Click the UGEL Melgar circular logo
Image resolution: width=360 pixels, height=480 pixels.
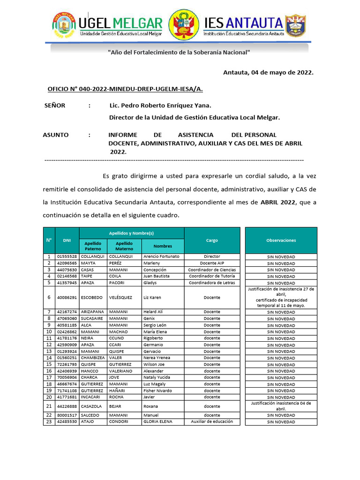pos(64,25)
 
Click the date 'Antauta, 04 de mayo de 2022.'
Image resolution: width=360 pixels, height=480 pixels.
pos(268,72)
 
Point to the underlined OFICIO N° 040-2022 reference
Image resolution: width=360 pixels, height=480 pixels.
pos(125,89)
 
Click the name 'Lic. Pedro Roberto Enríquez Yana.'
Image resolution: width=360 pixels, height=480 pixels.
pos(160,105)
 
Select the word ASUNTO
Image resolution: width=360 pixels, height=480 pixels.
pos(56,135)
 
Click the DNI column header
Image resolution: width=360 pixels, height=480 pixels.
pos(67,240)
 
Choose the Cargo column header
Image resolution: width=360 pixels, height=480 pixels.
pos(212,240)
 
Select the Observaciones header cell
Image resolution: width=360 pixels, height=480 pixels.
pos(281,240)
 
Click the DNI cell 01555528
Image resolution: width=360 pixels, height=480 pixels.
pos(67,257)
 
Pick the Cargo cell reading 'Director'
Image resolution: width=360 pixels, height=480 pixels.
pos(212,257)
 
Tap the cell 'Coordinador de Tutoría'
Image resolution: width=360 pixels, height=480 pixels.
pos(212,277)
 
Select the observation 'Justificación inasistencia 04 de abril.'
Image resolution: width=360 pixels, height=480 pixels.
pos(281,406)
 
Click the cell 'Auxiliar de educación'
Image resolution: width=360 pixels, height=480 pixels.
pos(212,421)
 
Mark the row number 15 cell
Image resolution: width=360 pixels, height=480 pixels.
pos(49,364)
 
